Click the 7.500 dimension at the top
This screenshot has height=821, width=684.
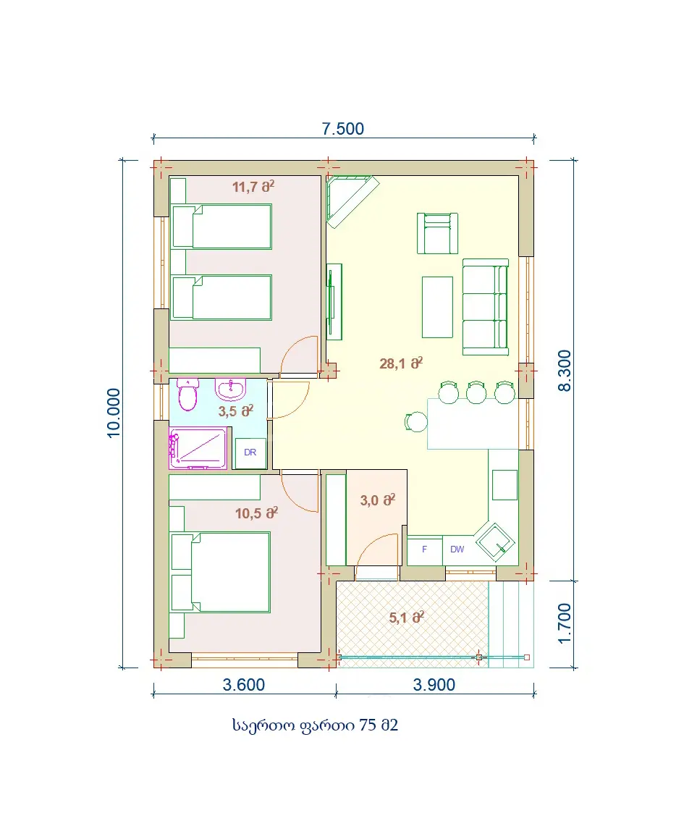tap(343, 129)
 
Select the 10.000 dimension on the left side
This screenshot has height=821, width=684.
tap(114, 413)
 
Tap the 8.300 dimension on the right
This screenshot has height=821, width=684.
tap(565, 371)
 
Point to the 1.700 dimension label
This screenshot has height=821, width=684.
tap(565, 623)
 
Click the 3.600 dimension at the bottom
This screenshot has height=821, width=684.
tap(243, 685)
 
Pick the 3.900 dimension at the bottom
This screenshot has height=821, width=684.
tap(434, 685)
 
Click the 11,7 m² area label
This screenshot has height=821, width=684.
tap(253, 186)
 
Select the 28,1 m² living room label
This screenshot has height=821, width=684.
tap(401, 363)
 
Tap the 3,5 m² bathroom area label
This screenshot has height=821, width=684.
tap(235, 411)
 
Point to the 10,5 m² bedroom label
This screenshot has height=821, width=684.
tap(256, 513)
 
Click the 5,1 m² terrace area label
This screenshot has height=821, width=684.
tap(407, 618)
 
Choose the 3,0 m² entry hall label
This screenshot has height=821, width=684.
tap(377, 500)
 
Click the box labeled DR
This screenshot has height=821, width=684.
tap(250, 453)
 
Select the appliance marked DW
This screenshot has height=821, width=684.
tap(457, 550)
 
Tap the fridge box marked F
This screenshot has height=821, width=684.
tap(424, 550)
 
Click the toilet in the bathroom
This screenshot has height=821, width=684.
tap(187, 395)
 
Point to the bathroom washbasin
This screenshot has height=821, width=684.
tap(230, 389)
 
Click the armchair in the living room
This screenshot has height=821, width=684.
tap(437, 233)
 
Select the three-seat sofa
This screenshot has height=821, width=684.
tap(486, 307)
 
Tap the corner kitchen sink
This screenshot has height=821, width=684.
tap(494, 542)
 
